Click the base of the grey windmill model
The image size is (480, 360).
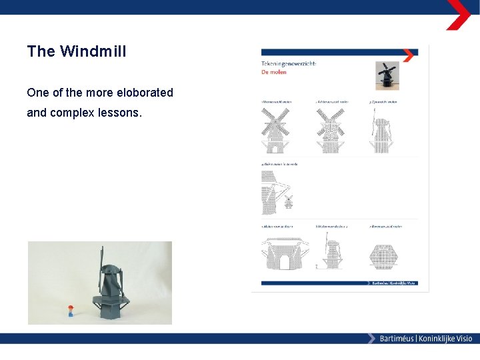click(x=112, y=308)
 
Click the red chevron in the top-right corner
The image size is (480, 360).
click(x=458, y=15)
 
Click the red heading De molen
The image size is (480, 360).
click(x=273, y=71)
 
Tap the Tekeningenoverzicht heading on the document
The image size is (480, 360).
click(x=289, y=63)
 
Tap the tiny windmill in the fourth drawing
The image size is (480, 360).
click(x=289, y=201)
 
